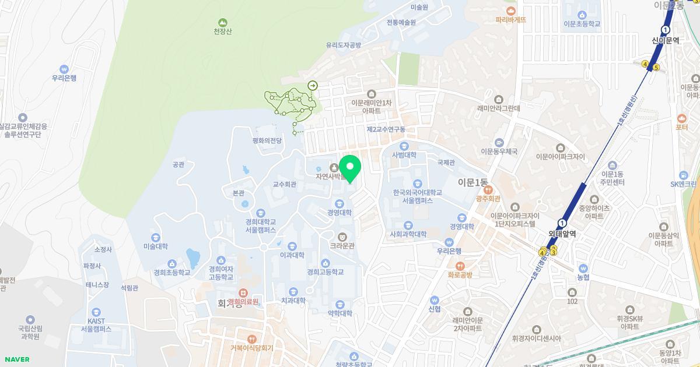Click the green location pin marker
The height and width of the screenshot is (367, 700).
[350, 168]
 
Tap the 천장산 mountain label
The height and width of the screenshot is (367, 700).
[222, 31]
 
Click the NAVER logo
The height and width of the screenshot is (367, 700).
[16, 359]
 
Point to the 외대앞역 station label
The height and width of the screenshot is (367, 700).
[562, 234]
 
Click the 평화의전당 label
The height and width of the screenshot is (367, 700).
[267, 140]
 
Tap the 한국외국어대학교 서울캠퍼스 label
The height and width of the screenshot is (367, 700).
[417, 196]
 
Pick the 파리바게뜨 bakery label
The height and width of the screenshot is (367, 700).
[511, 19]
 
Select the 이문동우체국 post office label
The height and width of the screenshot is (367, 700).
[499, 151]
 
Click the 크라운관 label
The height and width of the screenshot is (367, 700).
[342, 246]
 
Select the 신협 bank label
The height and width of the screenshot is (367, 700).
[434, 309]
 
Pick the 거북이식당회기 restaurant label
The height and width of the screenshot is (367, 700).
[251, 348]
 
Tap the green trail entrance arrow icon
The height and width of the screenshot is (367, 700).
[313, 86]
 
